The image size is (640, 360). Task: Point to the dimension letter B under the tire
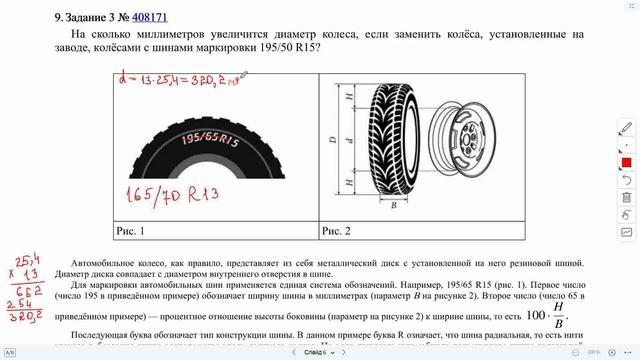(x=394, y=204)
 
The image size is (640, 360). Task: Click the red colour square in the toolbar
(x=626, y=162)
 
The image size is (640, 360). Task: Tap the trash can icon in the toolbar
(x=626, y=197)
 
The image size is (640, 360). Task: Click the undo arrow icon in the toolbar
(x=626, y=214)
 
